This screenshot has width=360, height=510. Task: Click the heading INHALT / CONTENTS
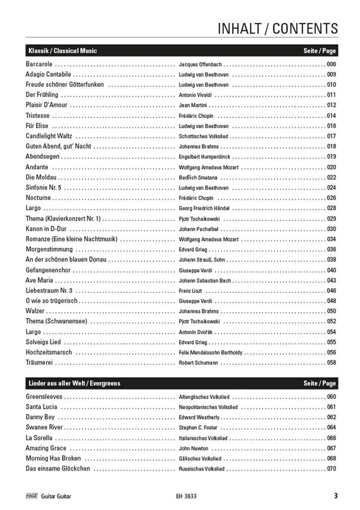[277, 28]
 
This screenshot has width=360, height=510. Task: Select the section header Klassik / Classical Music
[63, 51]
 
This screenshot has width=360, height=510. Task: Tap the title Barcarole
[40, 64]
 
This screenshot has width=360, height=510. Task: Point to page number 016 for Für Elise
[331, 126]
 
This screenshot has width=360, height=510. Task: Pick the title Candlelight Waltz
[48, 136]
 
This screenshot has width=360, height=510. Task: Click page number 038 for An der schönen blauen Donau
[331, 260]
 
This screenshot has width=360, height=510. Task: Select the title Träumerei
[40, 362]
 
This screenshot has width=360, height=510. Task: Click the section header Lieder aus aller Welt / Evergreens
[74, 384]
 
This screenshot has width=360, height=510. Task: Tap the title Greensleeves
[44, 397]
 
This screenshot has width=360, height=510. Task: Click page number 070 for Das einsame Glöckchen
[331, 469]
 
